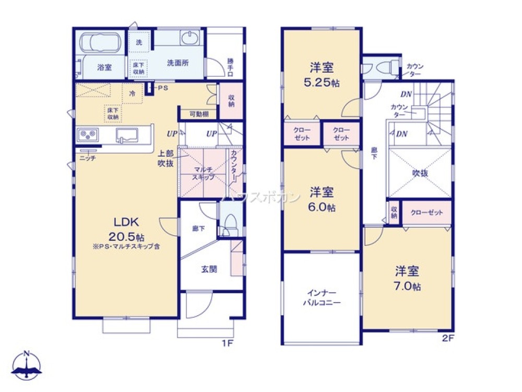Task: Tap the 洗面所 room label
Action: point(177,63)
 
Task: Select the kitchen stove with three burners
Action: point(88,135)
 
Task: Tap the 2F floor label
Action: point(448,338)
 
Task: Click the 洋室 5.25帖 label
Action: point(322,75)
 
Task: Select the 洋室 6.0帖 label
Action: point(322,199)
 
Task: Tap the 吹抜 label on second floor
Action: point(420,174)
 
